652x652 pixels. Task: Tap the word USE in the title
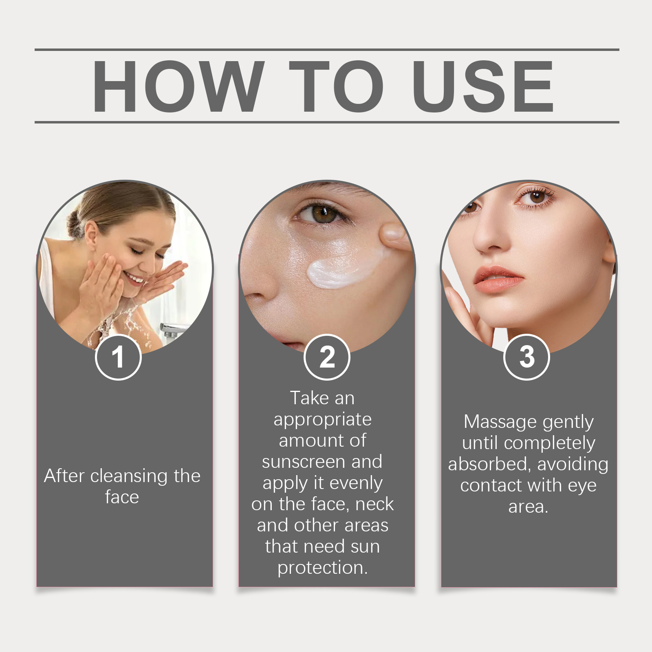[483, 86]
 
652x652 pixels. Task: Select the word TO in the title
[336, 86]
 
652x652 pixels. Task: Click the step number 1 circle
[118, 357]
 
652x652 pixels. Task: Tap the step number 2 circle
[327, 357]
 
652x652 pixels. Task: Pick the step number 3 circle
[526, 357]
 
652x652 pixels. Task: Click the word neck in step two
[374, 504]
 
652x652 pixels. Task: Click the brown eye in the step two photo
[324, 213]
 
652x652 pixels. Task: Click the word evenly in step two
[356, 483]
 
